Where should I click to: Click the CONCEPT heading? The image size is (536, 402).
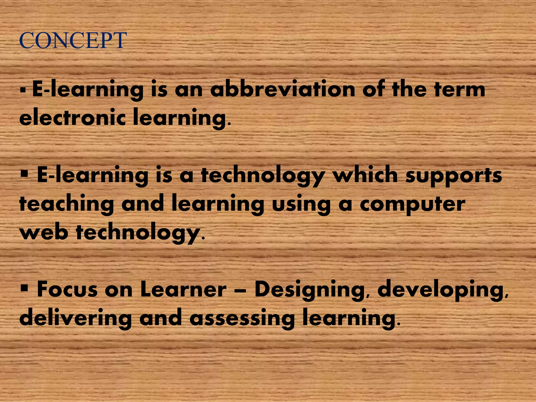tap(73, 41)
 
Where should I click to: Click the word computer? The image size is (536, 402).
tap(412, 204)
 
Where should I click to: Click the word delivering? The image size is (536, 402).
tap(75, 319)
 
